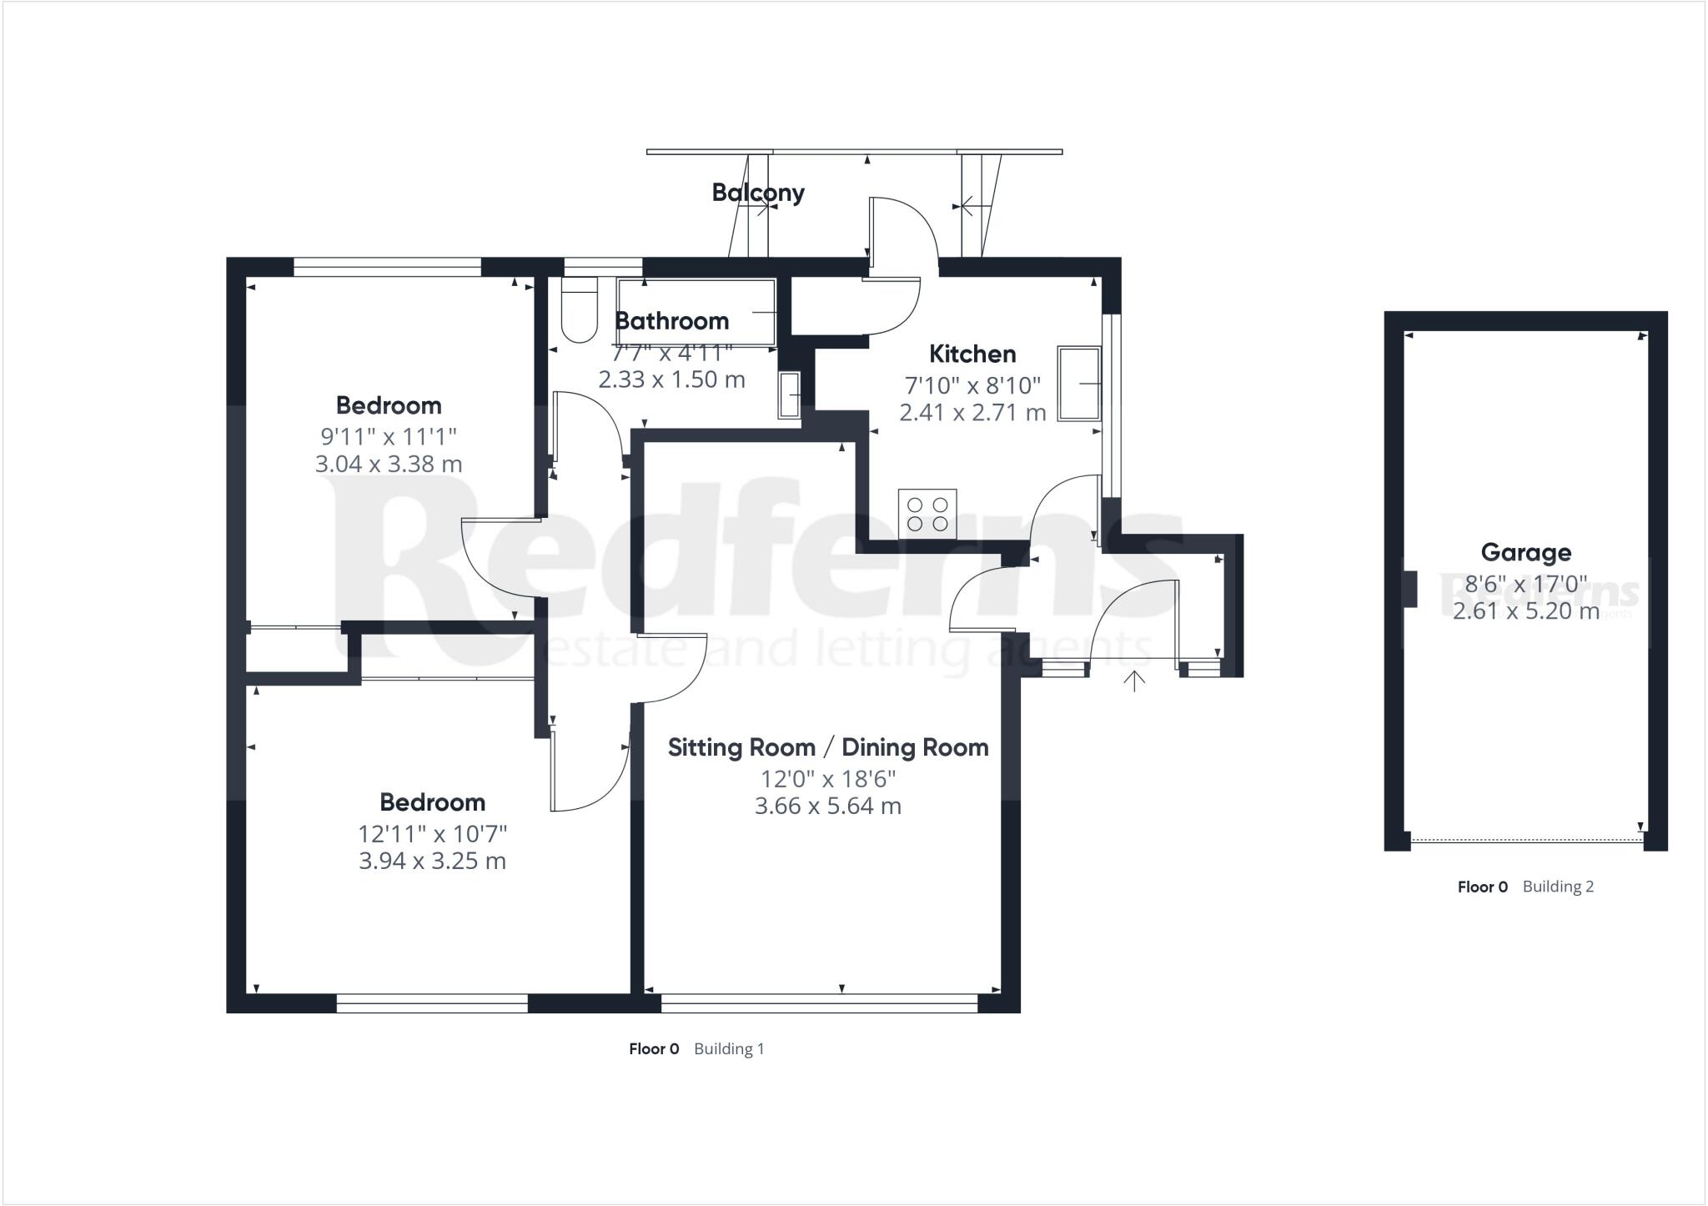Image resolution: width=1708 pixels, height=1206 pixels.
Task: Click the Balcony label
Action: (x=758, y=193)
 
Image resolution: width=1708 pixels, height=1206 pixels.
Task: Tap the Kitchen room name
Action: (x=972, y=354)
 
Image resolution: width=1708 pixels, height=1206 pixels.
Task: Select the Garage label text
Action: (x=1526, y=552)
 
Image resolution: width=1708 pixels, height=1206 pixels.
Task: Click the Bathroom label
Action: (x=671, y=320)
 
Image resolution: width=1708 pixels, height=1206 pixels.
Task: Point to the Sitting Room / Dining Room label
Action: (x=828, y=747)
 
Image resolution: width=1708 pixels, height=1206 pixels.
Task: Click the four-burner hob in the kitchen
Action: (x=927, y=515)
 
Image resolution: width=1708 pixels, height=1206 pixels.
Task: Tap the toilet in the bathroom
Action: (x=580, y=309)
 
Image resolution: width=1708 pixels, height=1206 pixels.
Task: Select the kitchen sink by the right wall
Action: (x=1080, y=384)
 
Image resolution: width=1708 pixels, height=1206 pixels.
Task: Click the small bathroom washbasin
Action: (x=791, y=394)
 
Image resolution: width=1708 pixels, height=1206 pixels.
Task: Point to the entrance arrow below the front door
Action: (x=1133, y=681)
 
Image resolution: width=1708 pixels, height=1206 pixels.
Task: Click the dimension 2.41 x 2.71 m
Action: (x=972, y=412)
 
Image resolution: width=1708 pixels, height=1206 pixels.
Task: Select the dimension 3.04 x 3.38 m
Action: (x=389, y=464)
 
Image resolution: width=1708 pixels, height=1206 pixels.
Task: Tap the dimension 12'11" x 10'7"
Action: (x=433, y=833)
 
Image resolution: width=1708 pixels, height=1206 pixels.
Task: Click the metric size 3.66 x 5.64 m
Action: (x=828, y=807)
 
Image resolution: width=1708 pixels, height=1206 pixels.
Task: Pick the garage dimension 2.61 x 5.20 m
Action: (x=1526, y=611)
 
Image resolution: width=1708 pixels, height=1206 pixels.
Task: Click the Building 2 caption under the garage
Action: (x=1558, y=887)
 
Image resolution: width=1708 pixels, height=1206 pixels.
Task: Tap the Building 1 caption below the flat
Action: (x=729, y=1049)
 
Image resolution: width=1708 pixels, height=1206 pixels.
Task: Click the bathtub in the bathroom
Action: (x=697, y=312)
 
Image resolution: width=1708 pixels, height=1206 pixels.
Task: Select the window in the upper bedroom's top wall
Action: (x=388, y=267)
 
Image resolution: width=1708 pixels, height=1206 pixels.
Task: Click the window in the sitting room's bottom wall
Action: (x=819, y=1002)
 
